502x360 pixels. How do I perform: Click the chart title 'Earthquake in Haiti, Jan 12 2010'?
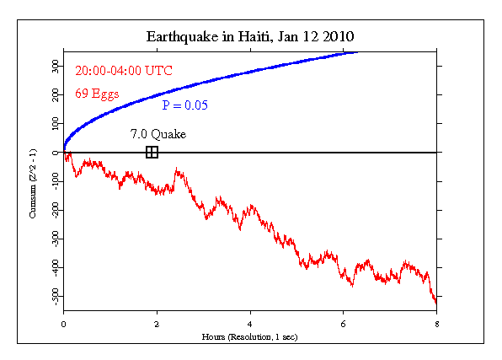(251, 37)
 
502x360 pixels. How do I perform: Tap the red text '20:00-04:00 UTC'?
(123, 71)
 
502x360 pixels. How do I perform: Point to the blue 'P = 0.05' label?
(185, 105)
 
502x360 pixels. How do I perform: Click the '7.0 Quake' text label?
(158, 134)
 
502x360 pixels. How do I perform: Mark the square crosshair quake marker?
(152, 152)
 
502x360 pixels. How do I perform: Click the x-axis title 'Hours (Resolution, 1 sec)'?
(250, 336)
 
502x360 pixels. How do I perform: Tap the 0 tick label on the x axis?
(64, 323)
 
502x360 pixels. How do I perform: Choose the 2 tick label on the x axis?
(157, 323)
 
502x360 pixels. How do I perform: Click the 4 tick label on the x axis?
(250, 323)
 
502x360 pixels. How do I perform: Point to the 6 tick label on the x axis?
(343, 323)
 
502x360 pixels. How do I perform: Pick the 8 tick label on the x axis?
(435, 323)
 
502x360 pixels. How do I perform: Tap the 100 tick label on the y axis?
(54, 123)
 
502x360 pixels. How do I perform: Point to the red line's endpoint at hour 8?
(435, 301)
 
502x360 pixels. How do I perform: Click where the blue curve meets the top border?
(358, 51)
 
